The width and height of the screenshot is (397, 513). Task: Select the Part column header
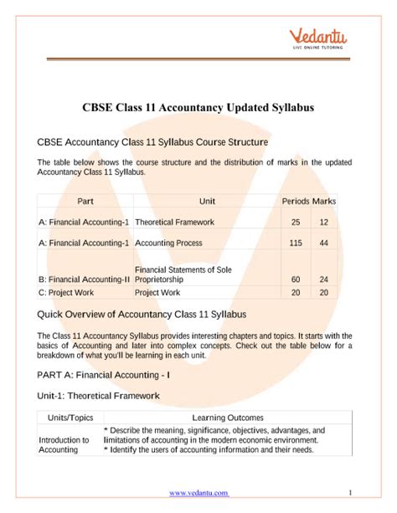(85, 202)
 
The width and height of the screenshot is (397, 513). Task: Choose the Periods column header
(296, 202)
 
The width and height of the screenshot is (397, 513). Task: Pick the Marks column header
(324, 202)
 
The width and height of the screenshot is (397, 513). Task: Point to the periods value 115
(295, 243)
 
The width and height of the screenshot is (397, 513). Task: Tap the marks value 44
(323, 243)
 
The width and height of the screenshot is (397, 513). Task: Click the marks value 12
(323, 223)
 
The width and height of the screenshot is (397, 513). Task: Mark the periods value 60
(295, 280)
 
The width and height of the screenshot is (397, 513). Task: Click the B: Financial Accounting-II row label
(85, 280)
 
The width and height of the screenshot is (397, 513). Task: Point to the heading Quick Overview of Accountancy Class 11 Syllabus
(142, 314)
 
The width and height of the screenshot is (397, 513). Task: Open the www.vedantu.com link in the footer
(198, 494)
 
